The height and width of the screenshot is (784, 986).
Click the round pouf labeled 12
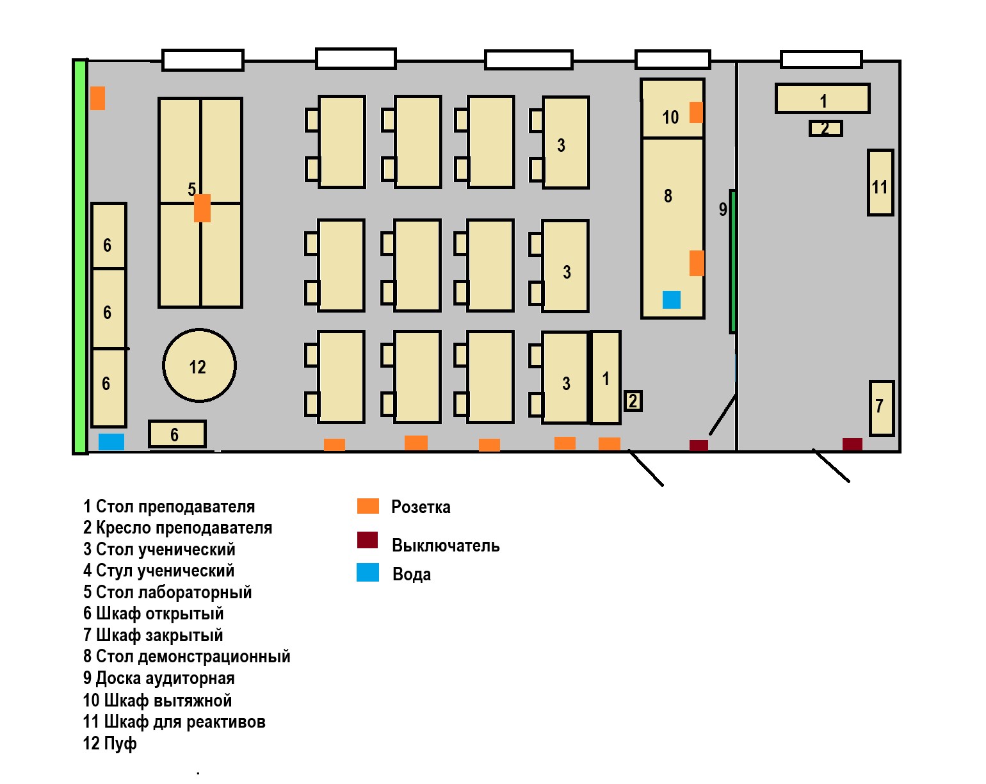coord(199,365)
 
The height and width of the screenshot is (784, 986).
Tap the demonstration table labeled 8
coord(673,228)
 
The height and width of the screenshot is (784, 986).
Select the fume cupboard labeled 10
coord(673,108)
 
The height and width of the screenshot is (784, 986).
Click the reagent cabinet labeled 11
coord(880,183)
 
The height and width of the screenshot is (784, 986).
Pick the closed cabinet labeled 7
coord(882,407)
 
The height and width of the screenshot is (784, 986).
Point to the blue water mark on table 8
coord(671,299)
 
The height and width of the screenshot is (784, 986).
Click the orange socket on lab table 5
coord(202,208)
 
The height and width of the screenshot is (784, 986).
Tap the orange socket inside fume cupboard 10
coord(696,112)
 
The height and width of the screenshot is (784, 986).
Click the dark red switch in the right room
coord(852,445)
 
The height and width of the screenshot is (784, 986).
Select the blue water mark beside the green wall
coord(111,442)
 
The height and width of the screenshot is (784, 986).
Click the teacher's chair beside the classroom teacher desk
coord(633,401)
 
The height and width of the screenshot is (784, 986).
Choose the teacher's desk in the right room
coord(823,98)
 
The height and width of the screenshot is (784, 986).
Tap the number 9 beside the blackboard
coord(723,209)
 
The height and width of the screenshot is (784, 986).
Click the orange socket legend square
coord(368,506)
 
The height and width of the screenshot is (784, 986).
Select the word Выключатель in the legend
coord(446,546)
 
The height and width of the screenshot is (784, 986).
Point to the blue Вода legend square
coord(368,572)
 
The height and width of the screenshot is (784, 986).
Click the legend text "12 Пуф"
coord(110,744)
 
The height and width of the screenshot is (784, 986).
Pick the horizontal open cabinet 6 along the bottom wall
coord(177,434)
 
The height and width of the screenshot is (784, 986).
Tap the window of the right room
coord(821,60)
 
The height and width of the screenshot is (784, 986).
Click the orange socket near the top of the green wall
coord(97,98)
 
